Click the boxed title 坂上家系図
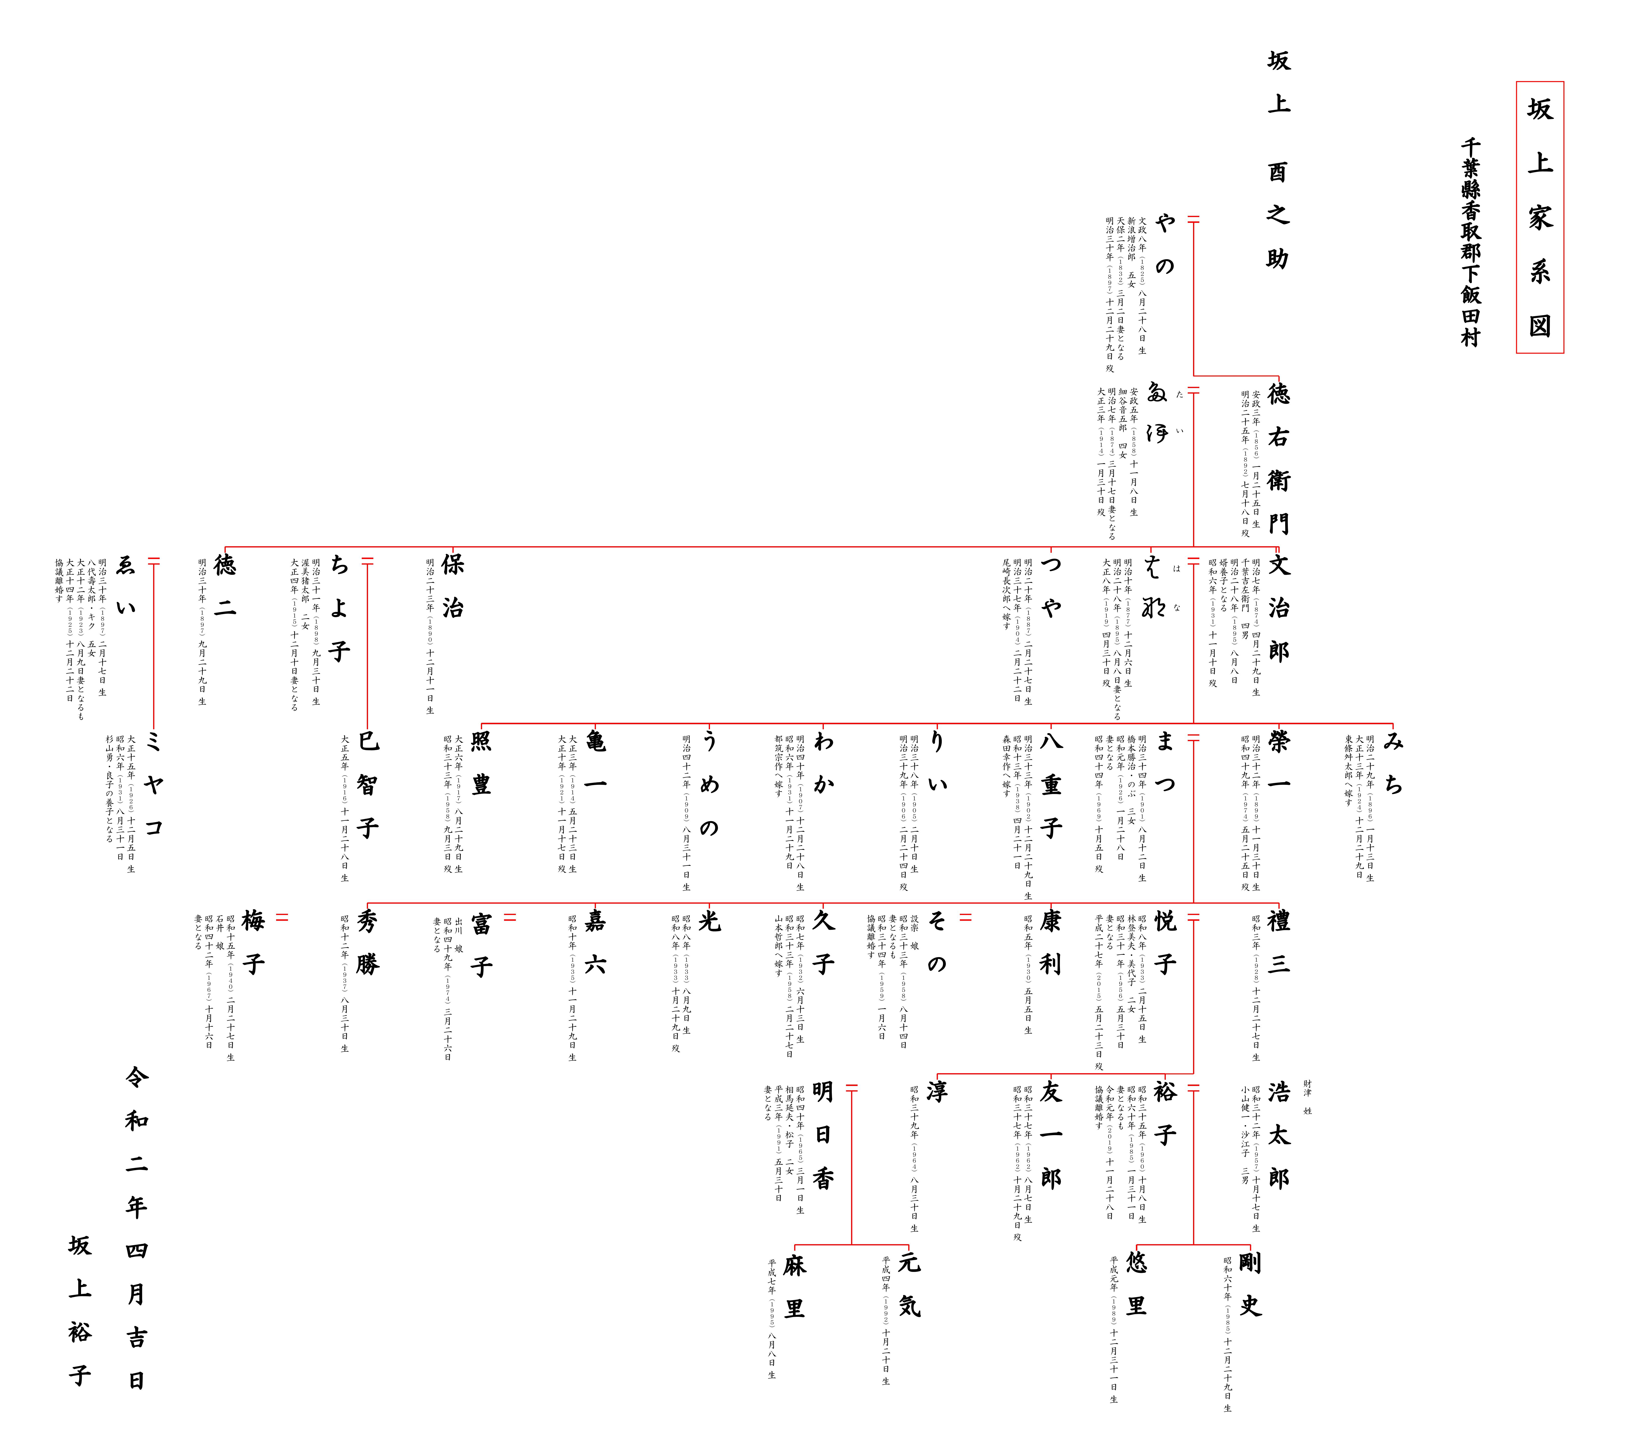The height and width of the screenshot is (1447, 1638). tap(1539, 217)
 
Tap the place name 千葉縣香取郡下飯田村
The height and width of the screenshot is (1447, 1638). tap(1471, 242)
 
